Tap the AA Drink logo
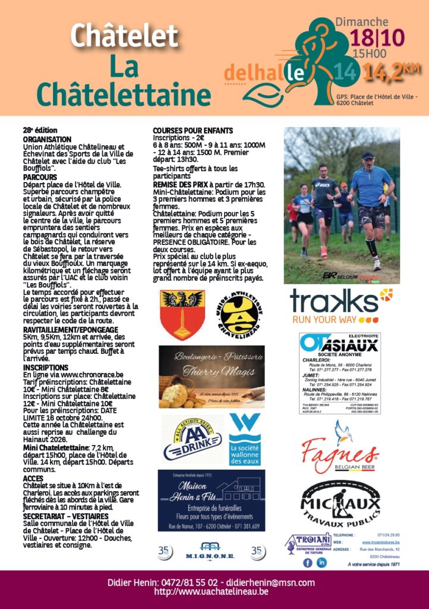(x=189, y=440)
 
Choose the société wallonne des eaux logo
(x=245, y=440)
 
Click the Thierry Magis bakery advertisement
(x=212, y=376)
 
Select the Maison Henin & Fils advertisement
(x=212, y=500)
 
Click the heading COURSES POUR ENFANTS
(x=193, y=130)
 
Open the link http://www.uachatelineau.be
(x=211, y=592)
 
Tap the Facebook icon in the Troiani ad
(x=308, y=562)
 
